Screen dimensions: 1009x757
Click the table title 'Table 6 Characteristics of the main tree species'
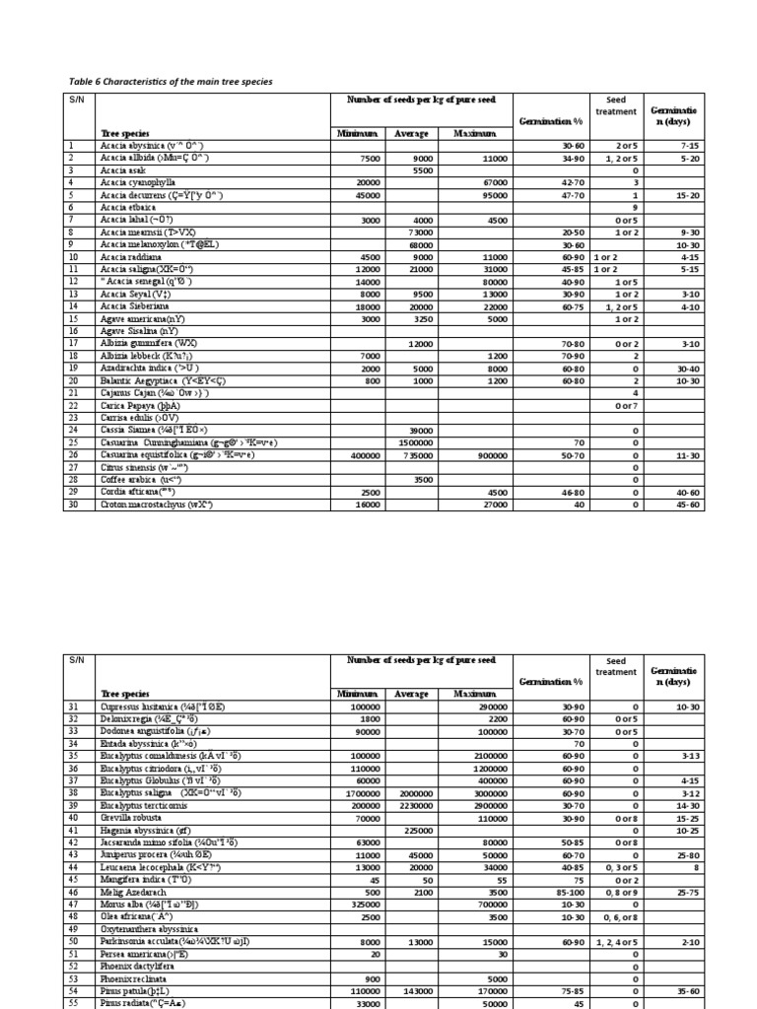point(170,81)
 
